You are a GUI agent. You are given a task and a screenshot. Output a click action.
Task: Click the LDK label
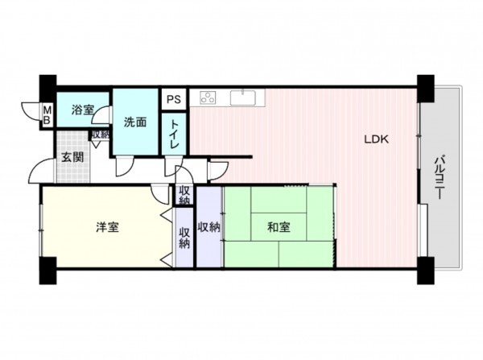coord(376,139)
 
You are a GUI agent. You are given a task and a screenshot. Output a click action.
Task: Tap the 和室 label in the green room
coord(279,226)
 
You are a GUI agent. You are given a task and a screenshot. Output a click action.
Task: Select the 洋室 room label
coord(107,227)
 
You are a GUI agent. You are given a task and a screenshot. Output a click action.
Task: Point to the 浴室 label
coord(82,110)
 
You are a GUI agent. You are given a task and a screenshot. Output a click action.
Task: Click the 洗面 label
coord(134,122)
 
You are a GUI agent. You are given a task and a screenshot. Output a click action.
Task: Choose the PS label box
coord(173,99)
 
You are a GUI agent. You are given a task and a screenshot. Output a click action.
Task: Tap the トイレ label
coord(173,134)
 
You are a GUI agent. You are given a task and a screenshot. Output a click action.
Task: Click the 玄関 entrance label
coord(72,157)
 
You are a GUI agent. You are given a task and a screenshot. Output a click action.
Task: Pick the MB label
coord(47,114)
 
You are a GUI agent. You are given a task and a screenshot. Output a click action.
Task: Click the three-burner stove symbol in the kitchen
coord(208,98)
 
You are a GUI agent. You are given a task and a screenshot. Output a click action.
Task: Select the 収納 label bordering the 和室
coord(208,227)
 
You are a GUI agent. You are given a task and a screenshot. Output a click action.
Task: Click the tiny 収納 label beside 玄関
coord(100,135)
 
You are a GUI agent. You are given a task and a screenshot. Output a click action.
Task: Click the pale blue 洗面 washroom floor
coord(134,141)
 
